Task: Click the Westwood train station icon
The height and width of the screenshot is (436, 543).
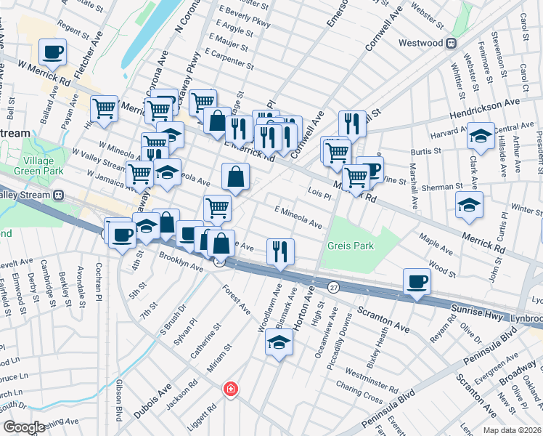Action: click(451, 43)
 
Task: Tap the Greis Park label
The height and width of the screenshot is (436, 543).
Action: click(351, 246)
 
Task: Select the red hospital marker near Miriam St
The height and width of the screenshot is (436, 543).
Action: click(231, 389)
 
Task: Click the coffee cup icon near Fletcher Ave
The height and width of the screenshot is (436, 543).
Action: click(53, 52)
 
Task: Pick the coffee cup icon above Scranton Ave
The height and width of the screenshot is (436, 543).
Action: click(417, 282)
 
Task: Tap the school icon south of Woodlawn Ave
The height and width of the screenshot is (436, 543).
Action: click(279, 342)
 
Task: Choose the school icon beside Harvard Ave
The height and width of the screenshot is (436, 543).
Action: click(481, 136)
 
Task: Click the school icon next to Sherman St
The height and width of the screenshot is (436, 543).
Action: click(469, 206)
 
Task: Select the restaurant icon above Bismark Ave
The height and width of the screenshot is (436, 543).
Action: click(280, 252)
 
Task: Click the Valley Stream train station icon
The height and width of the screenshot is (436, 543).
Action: click(58, 195)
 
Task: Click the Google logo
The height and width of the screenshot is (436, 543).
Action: click(24, 427)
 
